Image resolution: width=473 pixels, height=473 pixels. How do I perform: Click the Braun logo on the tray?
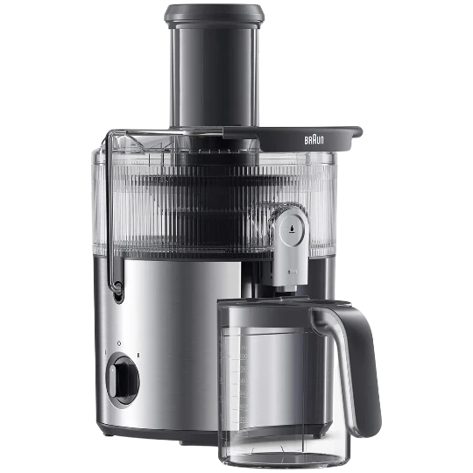tap(314, 140)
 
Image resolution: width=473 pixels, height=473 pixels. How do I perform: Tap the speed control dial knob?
tap(123, 380)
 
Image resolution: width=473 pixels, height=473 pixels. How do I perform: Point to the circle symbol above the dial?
tap(119, 343)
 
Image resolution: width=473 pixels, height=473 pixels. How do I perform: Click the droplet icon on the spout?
tap(292, 229)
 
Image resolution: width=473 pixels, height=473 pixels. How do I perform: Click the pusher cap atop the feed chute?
tap(215, 16)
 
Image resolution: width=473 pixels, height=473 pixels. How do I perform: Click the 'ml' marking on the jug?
tap(244, 348)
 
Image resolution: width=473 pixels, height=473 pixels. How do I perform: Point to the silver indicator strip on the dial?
tap(112, 381)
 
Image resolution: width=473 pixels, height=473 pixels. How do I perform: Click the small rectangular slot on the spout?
tap(293, 272)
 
